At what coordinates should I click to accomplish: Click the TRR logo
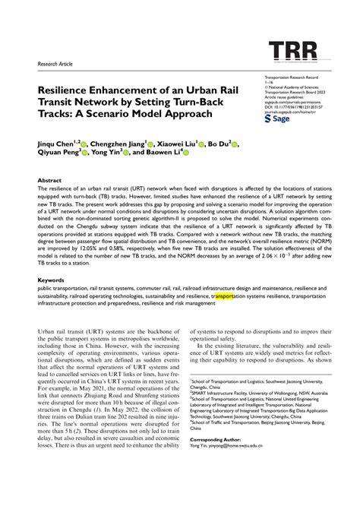pyautogui.click(x=289, y=52)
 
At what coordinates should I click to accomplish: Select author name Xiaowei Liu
pyautogui.click(x=182, y=142)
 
